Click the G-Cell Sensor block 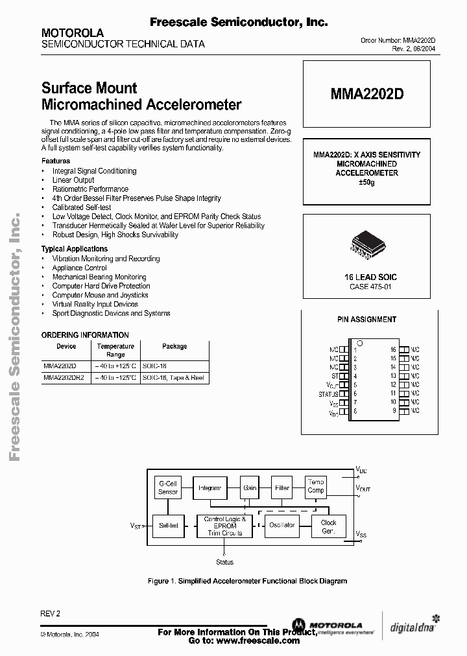168,487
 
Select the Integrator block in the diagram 210,487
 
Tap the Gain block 250,487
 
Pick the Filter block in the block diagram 282,487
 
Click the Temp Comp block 316,486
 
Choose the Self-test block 169,525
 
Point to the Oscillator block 282,525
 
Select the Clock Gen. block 328,526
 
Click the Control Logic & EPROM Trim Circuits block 224,526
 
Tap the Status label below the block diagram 224,562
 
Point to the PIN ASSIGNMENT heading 366,319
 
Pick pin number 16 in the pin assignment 393,349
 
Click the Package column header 174,346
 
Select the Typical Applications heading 75,249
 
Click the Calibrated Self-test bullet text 82,207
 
